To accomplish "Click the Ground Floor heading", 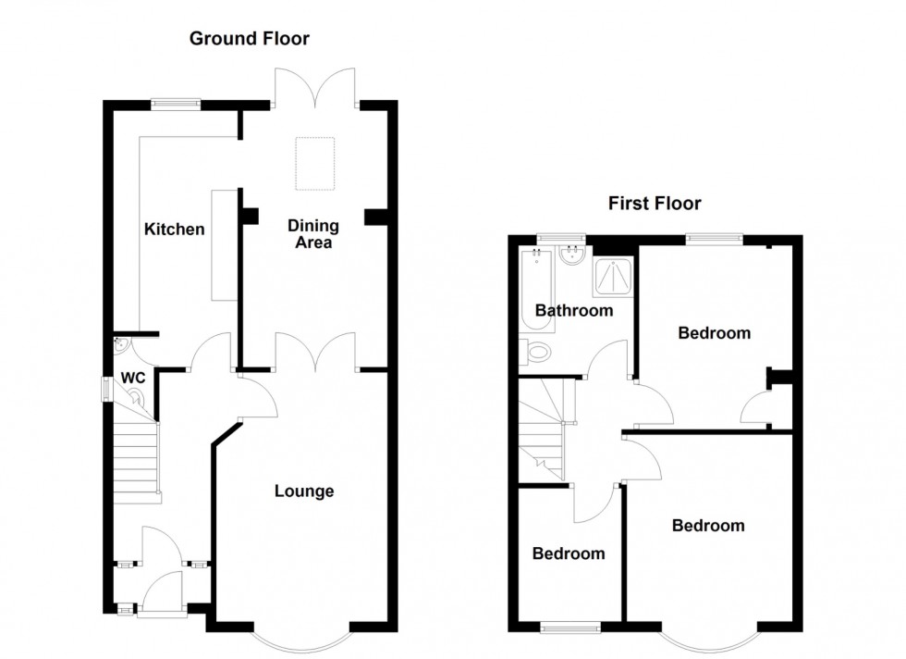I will (249, 39).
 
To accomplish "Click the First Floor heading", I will (654, 204).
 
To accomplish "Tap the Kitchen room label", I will (174, 229).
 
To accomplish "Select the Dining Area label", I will (312, 234).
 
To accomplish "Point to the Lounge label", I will (303, 491).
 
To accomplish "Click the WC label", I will (133, 379).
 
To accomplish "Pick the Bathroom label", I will (574, 310).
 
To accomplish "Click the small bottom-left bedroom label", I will (569, 553).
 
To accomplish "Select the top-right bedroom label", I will (714, 333).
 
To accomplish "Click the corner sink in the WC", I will (120, 343).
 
